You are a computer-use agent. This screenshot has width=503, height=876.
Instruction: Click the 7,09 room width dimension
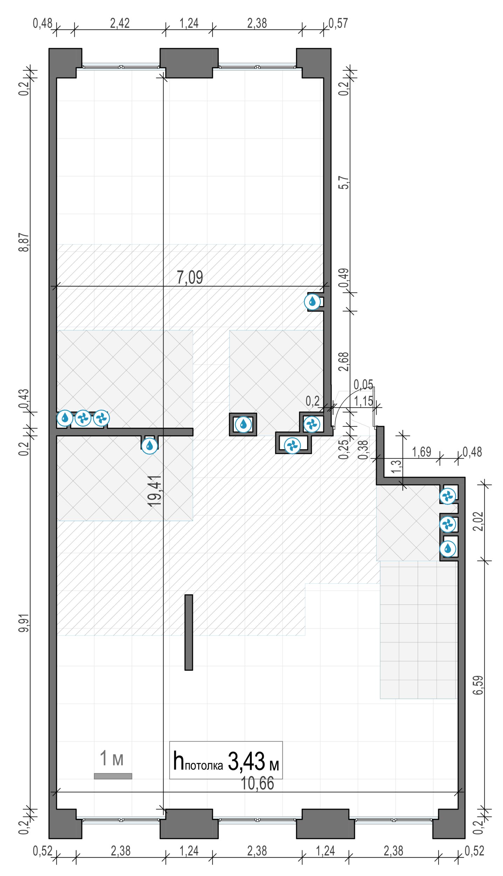190,277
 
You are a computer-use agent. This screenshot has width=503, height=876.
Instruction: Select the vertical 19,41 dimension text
154,491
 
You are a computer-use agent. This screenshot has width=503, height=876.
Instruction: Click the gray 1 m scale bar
113,776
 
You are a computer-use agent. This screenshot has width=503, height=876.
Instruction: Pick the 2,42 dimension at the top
120,23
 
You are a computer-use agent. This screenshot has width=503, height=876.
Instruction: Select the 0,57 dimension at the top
338,23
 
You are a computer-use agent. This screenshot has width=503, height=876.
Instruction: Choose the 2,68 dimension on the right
344,362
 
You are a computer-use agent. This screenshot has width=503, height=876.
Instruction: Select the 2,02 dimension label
478,521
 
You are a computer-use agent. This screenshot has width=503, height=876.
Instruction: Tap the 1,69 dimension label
421,452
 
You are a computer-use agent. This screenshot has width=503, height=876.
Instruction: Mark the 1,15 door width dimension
363,401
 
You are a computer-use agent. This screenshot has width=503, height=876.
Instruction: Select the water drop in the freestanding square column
243,424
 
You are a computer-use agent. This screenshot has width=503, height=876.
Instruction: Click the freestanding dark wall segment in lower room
188,632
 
